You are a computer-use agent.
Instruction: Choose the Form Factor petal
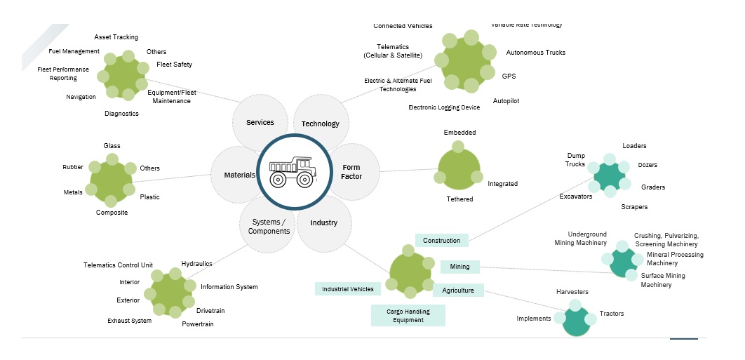(352, 172)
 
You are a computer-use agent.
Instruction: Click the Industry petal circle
(324, 223)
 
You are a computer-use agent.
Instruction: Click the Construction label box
(441, 241)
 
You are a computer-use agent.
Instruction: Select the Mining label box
(459, 267)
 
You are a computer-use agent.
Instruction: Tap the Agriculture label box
(458, 290)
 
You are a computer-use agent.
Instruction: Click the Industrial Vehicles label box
(348, 288)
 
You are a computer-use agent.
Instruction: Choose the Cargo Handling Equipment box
(408, 315)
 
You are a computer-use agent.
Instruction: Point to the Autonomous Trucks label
(535, 53)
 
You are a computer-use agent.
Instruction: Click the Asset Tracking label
(116, 37)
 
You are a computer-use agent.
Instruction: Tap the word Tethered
(459, 199)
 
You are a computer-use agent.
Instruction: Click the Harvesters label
(572, 292)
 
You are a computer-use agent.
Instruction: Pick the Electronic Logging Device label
(444, 107)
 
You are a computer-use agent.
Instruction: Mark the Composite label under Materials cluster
(112, 213)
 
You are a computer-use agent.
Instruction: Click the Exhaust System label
(129, 321)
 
